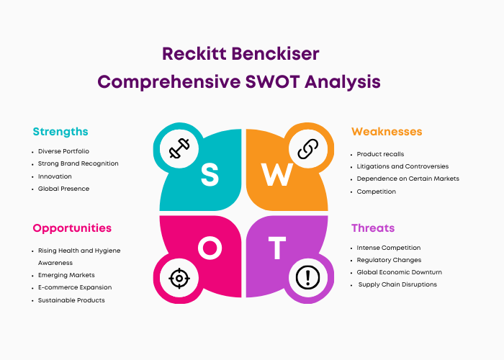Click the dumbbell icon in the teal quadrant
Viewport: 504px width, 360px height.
(179, 148)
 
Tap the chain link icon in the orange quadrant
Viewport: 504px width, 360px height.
(308, 149)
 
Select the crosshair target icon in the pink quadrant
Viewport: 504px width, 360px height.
(179, 278)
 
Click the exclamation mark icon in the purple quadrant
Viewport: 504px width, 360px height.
(308, 278)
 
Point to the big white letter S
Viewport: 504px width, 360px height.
(210, 174)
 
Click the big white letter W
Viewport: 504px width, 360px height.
(277, 174)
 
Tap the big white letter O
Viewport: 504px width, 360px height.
(210, 248)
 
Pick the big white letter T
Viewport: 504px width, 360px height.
(277, 248)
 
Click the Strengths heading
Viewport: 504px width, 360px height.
(60, 132)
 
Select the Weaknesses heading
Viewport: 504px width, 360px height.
(387, 132)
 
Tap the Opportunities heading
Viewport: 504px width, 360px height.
(72, 228)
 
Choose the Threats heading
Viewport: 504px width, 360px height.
(373, 228)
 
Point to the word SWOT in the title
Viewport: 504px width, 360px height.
(273, 81)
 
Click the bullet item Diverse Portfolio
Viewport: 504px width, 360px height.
(63, 151)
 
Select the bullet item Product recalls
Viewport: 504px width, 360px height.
(380, 154)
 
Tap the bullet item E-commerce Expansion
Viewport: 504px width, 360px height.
(75, 287)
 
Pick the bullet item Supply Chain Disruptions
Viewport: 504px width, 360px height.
(397, 284)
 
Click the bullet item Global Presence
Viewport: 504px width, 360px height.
(63, 189)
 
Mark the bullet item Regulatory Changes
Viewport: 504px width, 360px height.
(389, 260)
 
